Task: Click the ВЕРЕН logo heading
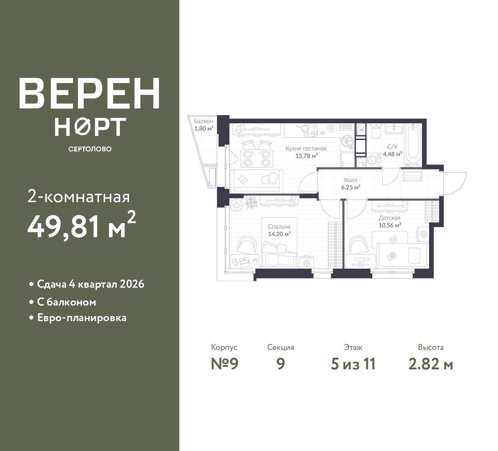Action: coord(89,94)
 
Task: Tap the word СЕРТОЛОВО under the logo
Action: coord(90,149)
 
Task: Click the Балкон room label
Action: coord(203,121)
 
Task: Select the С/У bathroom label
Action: coord(392,147)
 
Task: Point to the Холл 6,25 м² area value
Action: coord(351,187)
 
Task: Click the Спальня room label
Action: coord(279,227)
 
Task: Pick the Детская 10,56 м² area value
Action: coord(390,225)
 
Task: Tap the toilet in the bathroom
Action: coord(375,132)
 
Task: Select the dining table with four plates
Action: coord(257,158)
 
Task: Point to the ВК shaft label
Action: coord(361,130)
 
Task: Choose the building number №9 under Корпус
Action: coord(224,364)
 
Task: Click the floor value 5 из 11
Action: coord(353,364)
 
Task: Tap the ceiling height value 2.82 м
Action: coord(431,364)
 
